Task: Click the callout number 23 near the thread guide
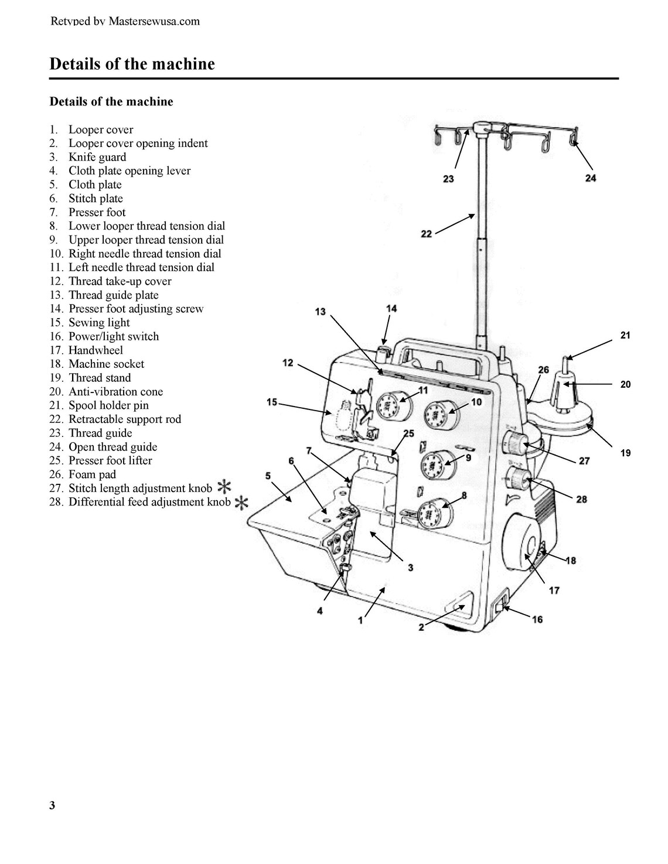click(448, 179)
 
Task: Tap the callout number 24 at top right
click(590, 177)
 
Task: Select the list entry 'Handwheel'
click(96, 350)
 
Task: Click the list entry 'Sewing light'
click(99, 323)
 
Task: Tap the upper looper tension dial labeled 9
click(434, 466)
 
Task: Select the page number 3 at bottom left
click(52, 805)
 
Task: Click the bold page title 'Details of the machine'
click(132, 64)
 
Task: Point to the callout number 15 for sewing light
click(272, 402)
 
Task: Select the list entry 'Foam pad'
click(92, 474)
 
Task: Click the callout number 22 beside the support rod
click(427, 234)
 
